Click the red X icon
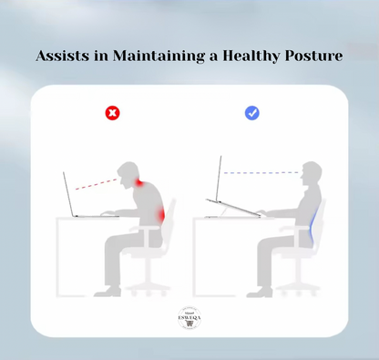(x=112, y=113)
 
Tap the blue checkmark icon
(x=252, y=113)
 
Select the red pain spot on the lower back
(x=162, y=216)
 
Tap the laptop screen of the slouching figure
(x=69, y=194)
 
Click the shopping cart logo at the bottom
(x=189, y=319)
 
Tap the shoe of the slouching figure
(x=108, y=292)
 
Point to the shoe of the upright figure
(x=260, y=292)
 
